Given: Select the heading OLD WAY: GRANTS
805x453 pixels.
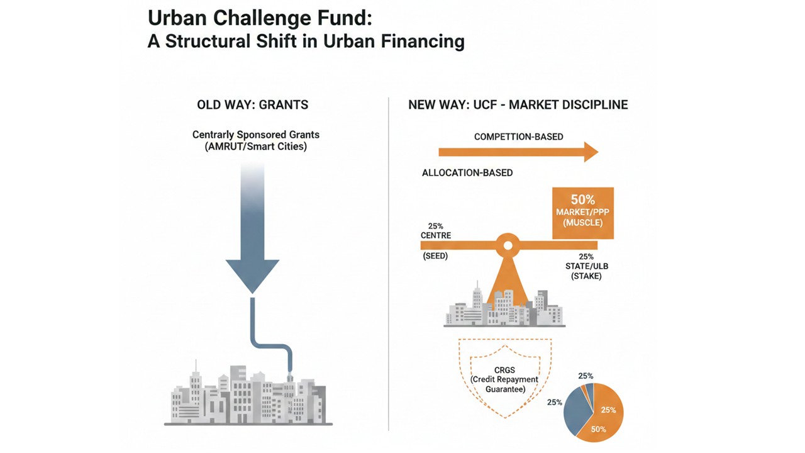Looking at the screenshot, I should [x=252, y=104].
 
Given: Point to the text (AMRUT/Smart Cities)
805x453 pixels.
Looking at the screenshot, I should [x=255, y=147].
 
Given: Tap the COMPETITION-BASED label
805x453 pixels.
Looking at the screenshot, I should [x=518, y=137].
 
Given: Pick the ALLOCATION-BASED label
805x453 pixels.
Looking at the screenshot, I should [x=467, y=172].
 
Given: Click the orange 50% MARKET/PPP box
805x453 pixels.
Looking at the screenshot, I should [x=582, y=213].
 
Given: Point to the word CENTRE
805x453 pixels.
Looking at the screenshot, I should [x=436, y=235].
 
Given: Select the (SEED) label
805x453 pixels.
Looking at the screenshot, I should [x=435, y=256].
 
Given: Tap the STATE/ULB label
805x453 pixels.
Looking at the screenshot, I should [x=586, y=266].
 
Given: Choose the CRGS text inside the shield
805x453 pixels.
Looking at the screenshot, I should [x=504, y=370].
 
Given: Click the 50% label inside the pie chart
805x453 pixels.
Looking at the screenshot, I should [x=598, y=430].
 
